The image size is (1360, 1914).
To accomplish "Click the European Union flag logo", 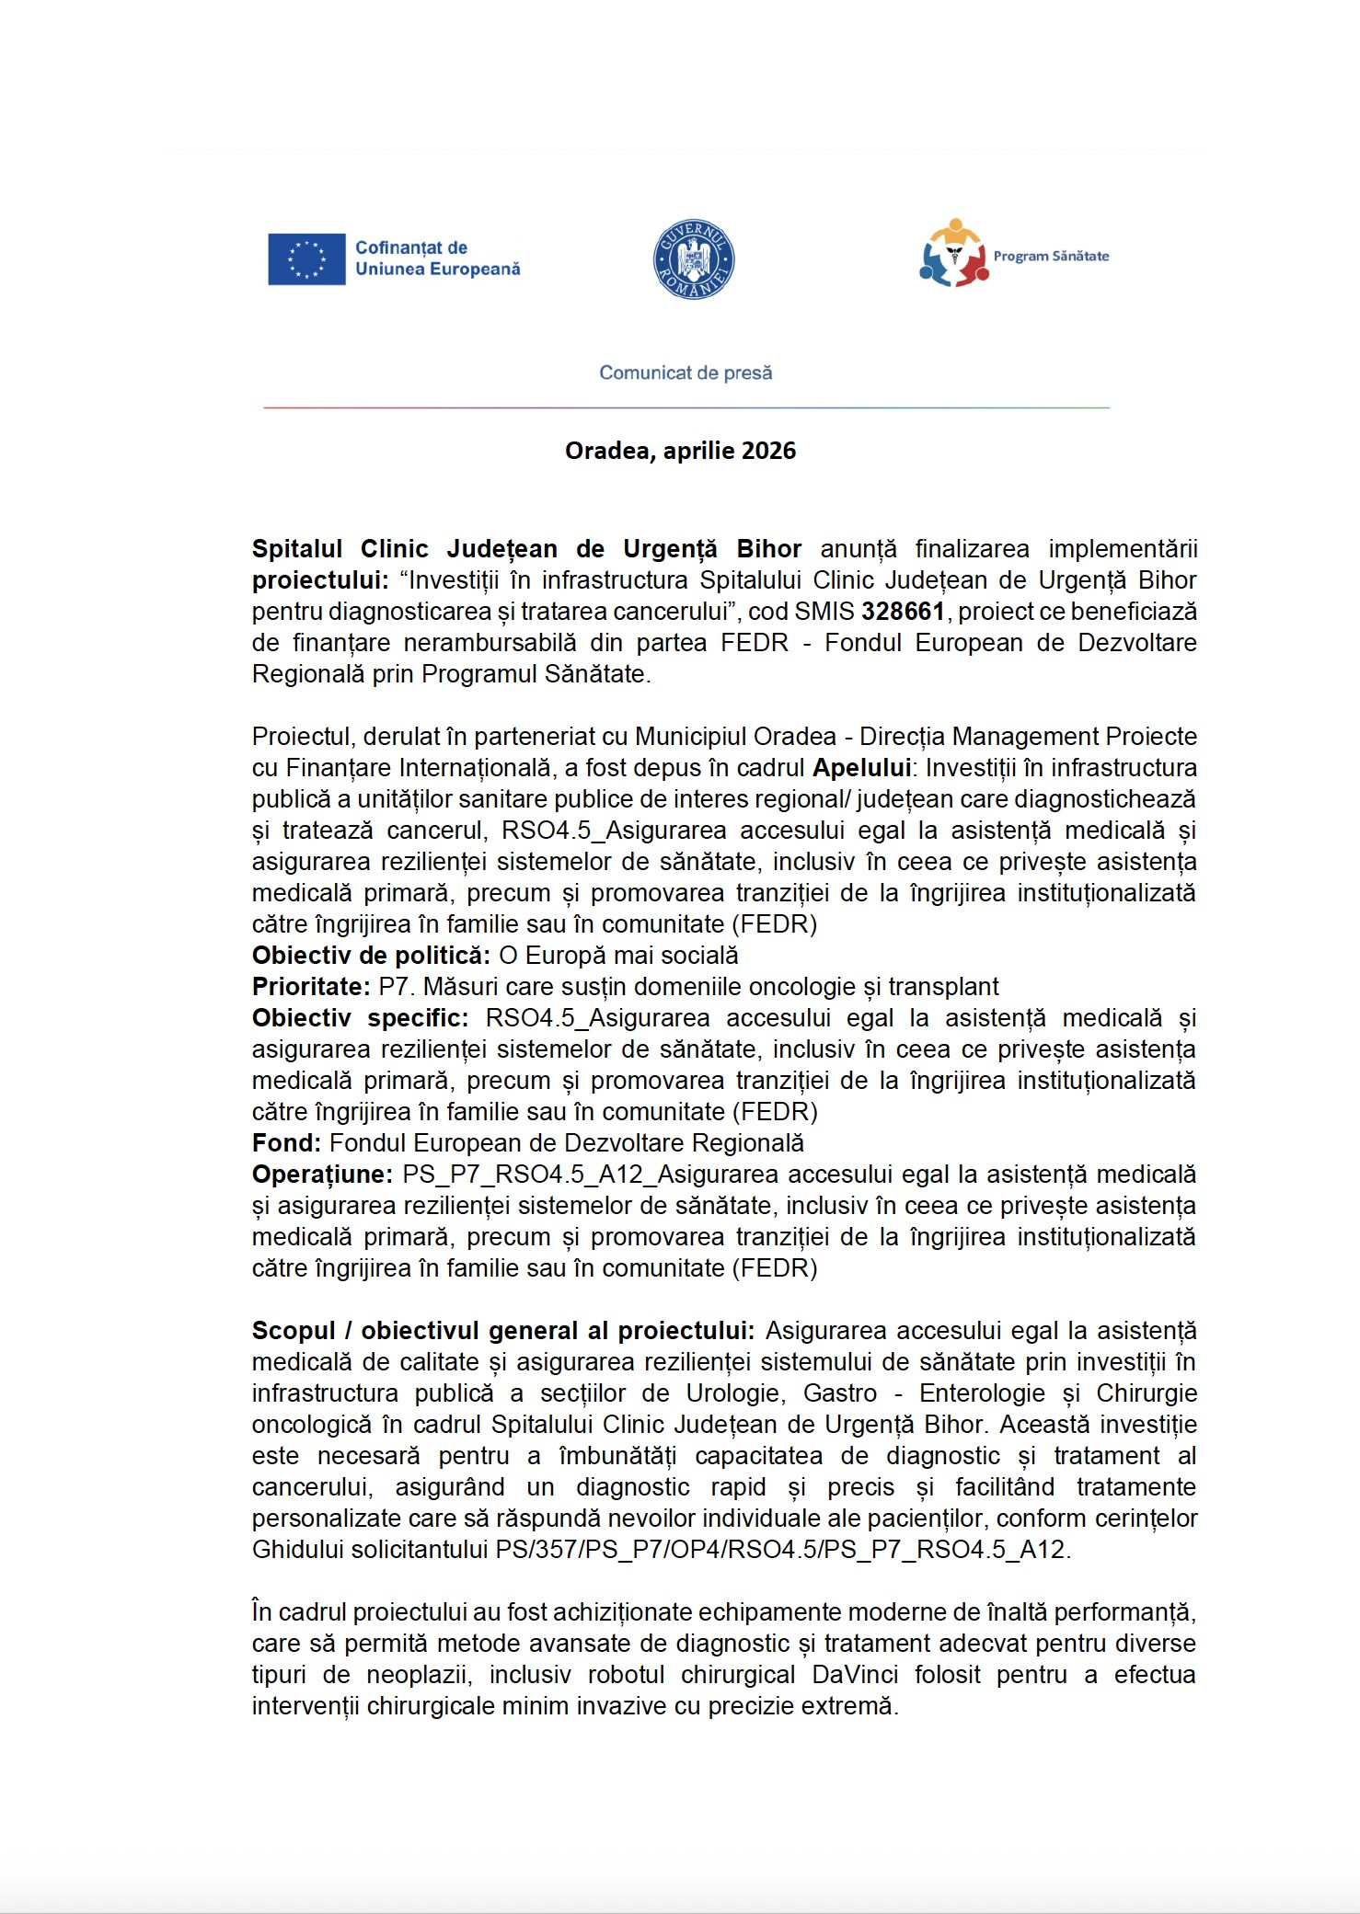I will pos(306,259).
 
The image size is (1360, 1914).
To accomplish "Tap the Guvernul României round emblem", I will pos(693,259).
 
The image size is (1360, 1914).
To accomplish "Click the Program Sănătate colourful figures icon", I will pos(953,254).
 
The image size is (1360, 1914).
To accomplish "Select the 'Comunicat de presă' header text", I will pos(686,372).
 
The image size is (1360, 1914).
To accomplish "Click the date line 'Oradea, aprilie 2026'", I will pos(680,451).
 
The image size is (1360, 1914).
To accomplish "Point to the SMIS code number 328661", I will pos(903,612).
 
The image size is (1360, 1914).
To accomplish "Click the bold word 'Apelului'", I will pos(861,768).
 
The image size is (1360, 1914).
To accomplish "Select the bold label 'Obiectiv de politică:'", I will pos(371,956).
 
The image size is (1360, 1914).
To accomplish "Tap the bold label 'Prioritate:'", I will pos(311,987).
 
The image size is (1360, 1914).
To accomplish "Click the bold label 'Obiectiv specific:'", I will pos(361,1018).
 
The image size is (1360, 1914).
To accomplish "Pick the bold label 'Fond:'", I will pos(286,1143).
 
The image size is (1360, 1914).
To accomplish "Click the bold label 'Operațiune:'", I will pos(323,1175).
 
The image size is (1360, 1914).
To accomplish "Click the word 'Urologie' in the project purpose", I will pos(735,1393).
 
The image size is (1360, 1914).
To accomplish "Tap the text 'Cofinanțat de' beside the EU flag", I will pos(411,248).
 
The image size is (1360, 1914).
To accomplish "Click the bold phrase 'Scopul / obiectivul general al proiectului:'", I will pos(503,1331).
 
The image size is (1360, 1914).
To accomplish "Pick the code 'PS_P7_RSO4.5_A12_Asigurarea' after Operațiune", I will pos(592,1175).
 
